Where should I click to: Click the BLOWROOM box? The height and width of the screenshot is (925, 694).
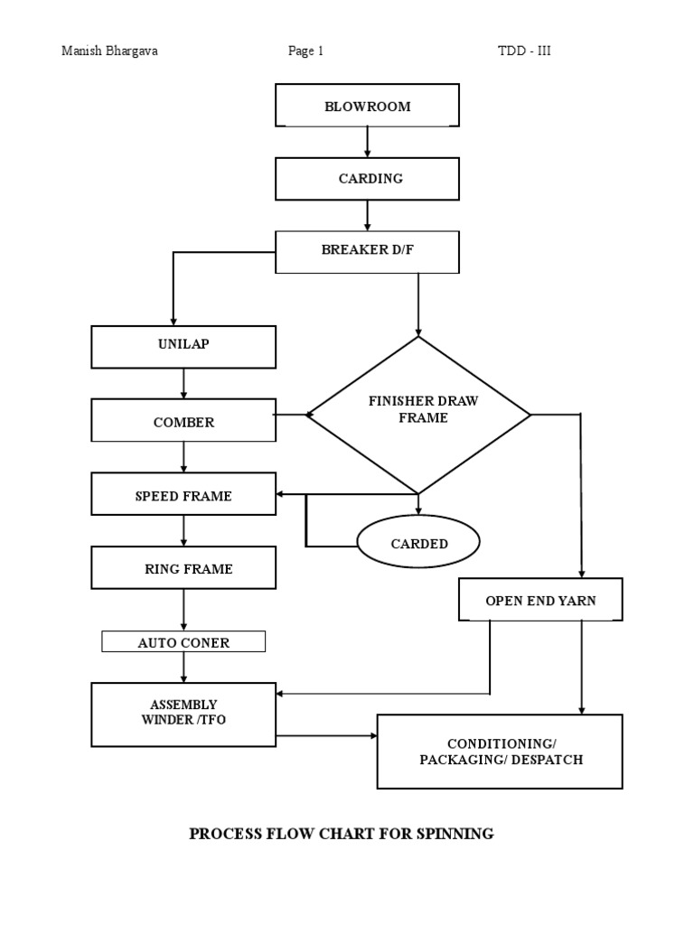point(367,107)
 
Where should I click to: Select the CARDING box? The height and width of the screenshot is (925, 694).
point(367,179)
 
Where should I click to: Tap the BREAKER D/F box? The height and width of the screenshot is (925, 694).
point(367,251)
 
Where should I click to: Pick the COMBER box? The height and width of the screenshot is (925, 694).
point(183,422)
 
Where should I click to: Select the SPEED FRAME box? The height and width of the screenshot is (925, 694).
point(183,496)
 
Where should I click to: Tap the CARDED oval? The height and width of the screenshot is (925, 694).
point(418,544)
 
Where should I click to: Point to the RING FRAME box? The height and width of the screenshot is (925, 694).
point(183,569)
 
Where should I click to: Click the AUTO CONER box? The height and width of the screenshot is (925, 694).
point(183,642)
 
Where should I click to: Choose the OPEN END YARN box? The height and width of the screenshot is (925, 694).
point(540,600)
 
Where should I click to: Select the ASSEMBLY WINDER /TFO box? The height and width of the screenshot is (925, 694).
point(183,714)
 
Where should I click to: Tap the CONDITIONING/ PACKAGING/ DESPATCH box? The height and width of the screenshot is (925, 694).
point(500,751)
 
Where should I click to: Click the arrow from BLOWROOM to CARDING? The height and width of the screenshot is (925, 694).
point(367,142)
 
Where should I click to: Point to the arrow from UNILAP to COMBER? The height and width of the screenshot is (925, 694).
point(183,385)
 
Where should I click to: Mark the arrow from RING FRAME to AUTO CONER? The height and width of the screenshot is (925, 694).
point(183,611)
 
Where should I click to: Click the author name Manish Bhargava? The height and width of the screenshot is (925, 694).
point(108,51)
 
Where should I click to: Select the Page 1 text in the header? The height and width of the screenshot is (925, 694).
point(305,51)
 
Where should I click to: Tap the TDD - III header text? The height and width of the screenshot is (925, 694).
point(524,51)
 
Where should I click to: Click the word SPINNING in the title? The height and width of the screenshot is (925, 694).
point(455,834)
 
